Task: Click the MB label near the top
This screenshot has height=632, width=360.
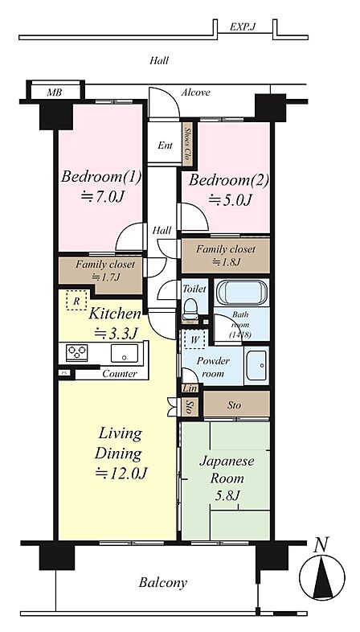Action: click(55, 92)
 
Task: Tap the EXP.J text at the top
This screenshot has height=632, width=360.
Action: click(243, 27)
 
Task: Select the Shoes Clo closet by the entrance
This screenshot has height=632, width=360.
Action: click(187, 143)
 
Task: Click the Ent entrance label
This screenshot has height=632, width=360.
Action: click(165, 146)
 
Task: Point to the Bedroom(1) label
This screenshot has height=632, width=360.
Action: click(101, 177)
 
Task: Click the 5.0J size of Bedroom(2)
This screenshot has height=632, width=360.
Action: click(230, 199)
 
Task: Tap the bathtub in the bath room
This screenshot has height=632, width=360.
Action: click(242, 293)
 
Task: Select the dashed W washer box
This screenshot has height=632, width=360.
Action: click(195, 339)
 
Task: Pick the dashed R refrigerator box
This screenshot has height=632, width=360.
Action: click(76, 300)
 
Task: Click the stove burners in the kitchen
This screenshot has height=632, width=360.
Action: click(77, 353)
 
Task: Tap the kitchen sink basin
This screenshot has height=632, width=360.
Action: click(124, 353)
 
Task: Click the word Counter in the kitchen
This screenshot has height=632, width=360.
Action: click(119, 374)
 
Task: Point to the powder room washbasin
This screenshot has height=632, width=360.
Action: click(256, 365)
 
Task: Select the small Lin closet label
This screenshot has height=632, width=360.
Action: click(190, 388)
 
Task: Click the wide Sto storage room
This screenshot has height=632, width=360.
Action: click(236, 404)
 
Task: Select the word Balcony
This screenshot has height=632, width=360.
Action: click(163, 583)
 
